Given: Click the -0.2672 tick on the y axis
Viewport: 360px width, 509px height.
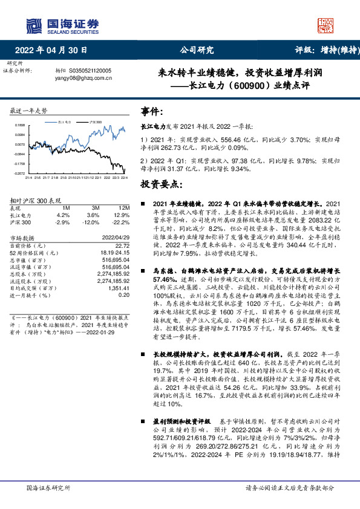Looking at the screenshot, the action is coord(19,173).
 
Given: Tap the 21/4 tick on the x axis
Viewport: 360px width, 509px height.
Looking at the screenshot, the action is coord(28,178).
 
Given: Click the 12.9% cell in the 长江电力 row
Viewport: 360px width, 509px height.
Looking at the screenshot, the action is coord(122,215).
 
